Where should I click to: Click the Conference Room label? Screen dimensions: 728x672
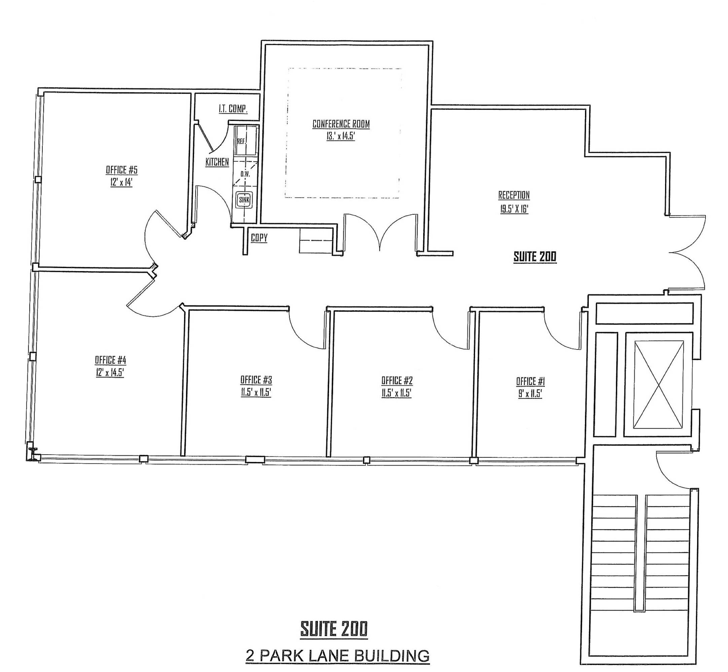click(341, 124)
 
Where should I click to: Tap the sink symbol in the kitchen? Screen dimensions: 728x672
click(244, 200)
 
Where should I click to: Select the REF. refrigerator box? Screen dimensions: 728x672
click(245, 141)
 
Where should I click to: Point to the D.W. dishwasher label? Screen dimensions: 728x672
click(245, 174)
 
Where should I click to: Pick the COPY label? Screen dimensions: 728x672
click(259, 238)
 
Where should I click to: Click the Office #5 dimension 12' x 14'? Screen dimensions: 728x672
click(121, 182)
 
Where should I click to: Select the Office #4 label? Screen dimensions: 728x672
click(110, 360)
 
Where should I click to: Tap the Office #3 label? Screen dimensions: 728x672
click(256, 380)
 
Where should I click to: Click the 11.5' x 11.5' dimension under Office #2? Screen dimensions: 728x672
click(396, 393)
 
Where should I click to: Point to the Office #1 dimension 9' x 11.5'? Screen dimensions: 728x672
click(530, 394)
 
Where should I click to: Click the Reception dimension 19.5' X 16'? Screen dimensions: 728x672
click(514, 209)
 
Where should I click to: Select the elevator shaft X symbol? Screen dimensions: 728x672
click(658, 384)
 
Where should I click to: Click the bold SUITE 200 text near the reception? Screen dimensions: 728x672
click(535, 257)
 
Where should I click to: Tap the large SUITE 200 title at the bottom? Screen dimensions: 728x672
click(334, 629)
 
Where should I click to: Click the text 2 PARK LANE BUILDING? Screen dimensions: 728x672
click(337, 656)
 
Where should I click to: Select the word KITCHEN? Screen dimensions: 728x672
click(217, 162)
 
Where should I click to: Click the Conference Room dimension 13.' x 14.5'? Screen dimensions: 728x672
click(341, 136)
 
